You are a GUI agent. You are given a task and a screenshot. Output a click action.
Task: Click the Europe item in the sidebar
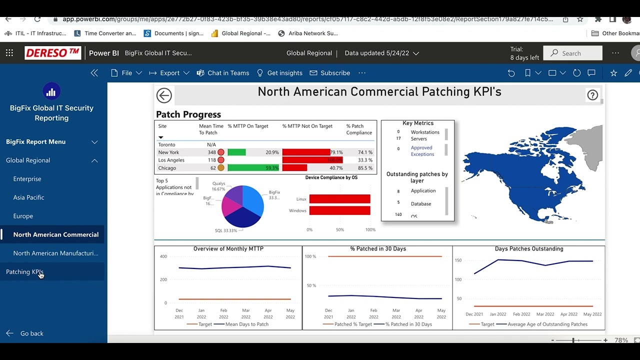tap(23, 216)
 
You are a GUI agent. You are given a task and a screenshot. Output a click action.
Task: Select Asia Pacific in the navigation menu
tap(28, 197)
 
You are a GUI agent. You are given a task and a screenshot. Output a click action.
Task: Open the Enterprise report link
tap(27, 179)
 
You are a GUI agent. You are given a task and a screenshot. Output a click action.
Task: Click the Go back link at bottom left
tap(31, 333)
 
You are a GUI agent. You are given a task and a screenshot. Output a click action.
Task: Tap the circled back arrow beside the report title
tap(164, 95)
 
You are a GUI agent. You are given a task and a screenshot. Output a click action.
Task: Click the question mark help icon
tap(592, 95)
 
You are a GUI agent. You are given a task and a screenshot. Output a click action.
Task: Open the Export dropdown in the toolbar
tap(169, 73)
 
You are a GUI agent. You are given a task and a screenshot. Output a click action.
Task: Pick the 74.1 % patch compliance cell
tap(365, 152)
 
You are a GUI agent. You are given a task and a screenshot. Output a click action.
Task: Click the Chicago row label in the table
tap(167, 168)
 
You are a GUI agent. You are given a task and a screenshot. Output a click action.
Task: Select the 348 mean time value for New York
tap(211, 152)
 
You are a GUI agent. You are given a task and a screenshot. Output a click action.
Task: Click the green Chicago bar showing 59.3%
tap(253, 168)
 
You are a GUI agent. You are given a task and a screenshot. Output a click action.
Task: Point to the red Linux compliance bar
tap(339, 199)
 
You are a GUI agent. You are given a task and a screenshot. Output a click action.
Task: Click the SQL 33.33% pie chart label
tap(225, 230)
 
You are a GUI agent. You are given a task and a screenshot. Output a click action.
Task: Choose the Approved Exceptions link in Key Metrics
tap(422, 151)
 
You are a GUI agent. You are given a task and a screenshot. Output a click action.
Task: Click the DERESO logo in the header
tap(53, 53)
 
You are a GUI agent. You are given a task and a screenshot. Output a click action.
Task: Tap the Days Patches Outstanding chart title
tap(528, 248)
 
